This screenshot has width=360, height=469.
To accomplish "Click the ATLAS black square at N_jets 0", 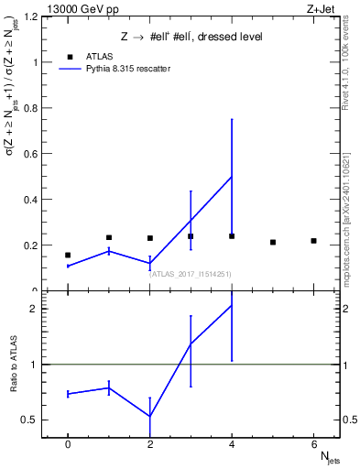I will (68, 255).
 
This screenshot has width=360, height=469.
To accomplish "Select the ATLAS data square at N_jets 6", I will (313, 241).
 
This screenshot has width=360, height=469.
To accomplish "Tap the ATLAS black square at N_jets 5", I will (273, 242).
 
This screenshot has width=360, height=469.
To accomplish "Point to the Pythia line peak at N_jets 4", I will (232, 176).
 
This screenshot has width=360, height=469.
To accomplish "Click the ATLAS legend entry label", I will (99, 56).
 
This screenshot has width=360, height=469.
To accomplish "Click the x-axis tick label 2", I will (149, 445).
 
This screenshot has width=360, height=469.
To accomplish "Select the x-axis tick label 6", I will (313, 445).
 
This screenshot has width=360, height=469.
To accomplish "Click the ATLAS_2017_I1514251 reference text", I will (191, 273).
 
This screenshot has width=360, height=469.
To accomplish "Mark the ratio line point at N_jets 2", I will (149, 417).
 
